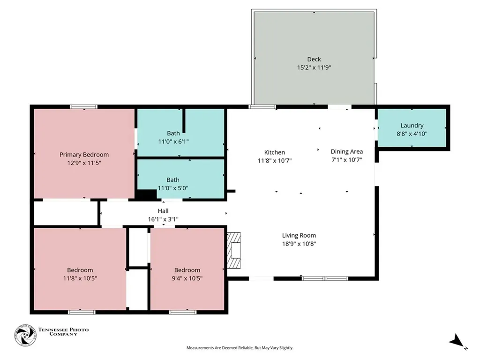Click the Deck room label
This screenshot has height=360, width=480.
click(x=314, y=59)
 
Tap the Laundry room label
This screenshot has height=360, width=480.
click(x=412, y=126)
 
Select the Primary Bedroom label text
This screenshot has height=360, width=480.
click(x=84, y=155)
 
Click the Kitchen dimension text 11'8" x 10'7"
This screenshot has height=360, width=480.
click(x=275, y=160)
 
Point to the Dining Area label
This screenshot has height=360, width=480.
click(x=347, y=151)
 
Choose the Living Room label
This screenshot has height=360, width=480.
click(x=299, y=235)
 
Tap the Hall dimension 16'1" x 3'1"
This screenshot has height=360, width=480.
click(x=163, y=219)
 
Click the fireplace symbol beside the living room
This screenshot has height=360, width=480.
click(x=234, y=250)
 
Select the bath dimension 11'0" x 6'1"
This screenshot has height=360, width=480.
click(x=173, y=142)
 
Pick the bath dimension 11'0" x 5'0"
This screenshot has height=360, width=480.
click(x=173, y=188)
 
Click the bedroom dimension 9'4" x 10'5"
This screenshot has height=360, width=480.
click(x=187, y=278)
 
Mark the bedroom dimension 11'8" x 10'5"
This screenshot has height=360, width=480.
click(x=80, y=278)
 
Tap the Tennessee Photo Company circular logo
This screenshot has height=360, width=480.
click(x=25, y=335)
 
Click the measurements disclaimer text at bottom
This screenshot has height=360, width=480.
click(x=240, y=348)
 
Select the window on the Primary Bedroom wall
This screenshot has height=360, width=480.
click(x=83, y=107)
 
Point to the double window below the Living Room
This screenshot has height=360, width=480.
click(x=325, y=278)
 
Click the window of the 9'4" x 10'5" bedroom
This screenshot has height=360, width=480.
click(x=183, y=312)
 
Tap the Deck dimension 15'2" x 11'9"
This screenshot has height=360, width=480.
click(x=314, y=67)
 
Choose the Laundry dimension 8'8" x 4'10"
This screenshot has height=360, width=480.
click(x=412, y=134)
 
